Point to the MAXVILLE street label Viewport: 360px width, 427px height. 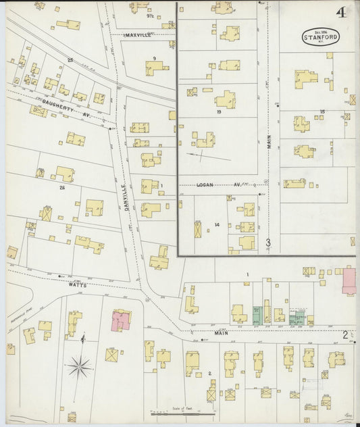[140, 34]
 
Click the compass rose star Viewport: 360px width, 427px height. [80, 368]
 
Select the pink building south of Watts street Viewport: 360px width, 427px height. [122, 320]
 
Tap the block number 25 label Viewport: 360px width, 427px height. [70, 60]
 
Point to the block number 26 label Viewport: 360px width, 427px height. [61, 186]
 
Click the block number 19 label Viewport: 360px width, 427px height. [220, 112]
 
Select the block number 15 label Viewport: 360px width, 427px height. [323, 111]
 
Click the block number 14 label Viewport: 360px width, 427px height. [217, 224]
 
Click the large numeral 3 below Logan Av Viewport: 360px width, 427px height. [268, 242]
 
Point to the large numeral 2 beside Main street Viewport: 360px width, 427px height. [344, 334]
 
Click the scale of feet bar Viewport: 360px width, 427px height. [182, 411]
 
